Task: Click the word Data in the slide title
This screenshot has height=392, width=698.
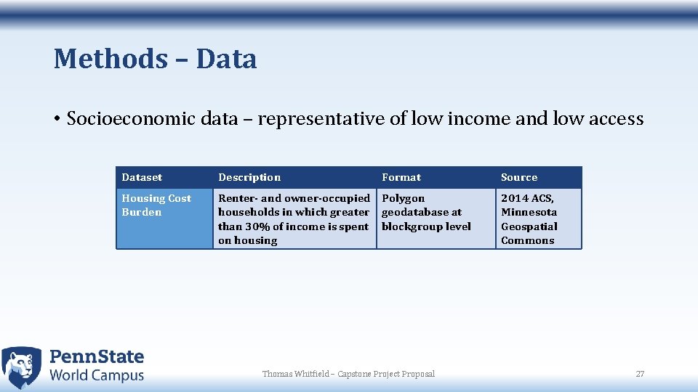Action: point(226,59)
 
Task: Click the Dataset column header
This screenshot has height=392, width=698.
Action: point(142,177)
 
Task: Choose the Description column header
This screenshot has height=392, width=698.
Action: point(249,177)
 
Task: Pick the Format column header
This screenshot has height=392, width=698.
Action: point(401,177)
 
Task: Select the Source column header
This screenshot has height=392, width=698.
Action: point(519,177)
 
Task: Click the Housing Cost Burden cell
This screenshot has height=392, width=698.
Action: point(156,205)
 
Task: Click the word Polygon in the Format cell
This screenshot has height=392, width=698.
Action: point(404,198)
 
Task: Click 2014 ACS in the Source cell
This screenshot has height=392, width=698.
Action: point(527,198)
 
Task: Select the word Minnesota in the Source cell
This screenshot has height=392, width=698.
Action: point(529,212)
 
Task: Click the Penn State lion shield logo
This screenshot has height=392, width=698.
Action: point(22,367)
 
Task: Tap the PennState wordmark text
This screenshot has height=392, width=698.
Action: point(97,356)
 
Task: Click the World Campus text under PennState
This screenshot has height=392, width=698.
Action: point(97,375)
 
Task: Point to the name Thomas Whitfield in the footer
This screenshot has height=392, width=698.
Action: point(294,374)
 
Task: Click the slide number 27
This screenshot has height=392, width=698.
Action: point(640,374)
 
